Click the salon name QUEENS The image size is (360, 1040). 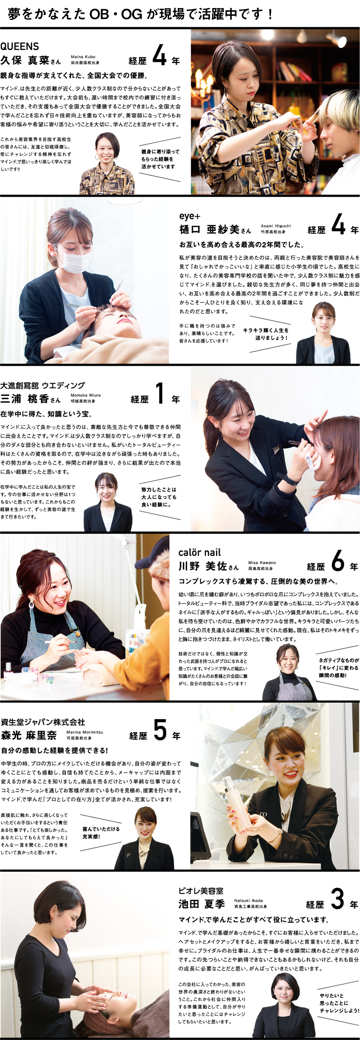pyautogui.click(x=20, y=46)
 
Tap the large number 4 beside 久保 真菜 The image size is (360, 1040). pyautogui.click(x=159, y=55)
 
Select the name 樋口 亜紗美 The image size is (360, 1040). pyautogui.click(x=210, y=229)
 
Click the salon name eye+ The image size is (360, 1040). pyautogui.click(x=190, y=216)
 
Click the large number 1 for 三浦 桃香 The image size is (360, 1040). pyautogui.click(x=160, y=393)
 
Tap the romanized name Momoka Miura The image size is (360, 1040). pyautogui.click(x=85, y=395)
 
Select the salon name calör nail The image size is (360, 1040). pyautogui.click(x=200, y=552)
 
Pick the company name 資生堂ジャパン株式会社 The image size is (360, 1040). pyautogui.click(x=43, y=722)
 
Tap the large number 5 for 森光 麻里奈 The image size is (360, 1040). pyautogui.click(x=160, y=730)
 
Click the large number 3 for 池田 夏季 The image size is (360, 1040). pyautogui.click(x=337, y=899)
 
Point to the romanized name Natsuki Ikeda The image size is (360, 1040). pyautogui.click(x=248, y=900)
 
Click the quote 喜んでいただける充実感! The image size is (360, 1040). pyautogui.click(x=101, y=832)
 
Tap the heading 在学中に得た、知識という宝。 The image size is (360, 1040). pyautogui.click(x=46, y=414)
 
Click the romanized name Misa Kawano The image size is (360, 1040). pyautogui.click(x=262, y=563)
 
